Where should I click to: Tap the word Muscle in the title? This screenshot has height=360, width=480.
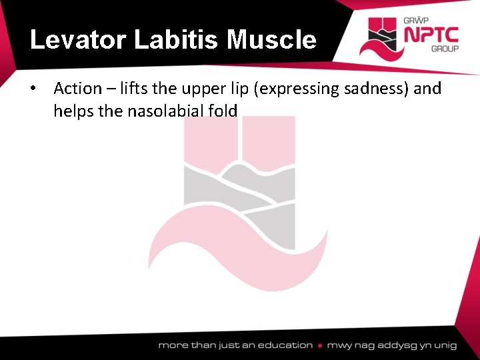point(271,41)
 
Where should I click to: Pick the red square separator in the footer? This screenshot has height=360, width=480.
point(320,345)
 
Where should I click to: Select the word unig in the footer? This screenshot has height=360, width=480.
point(444,345)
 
